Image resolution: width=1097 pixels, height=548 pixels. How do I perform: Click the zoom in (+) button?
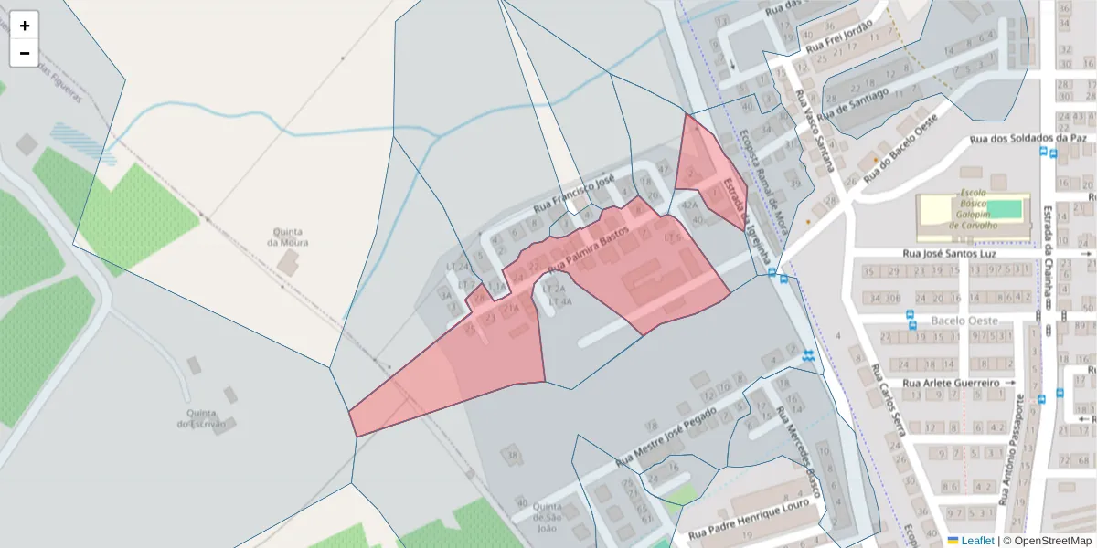pos(25,26)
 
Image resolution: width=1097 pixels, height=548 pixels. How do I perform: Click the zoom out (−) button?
pos(25,53)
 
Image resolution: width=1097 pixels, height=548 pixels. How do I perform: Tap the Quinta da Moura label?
pos(287,237)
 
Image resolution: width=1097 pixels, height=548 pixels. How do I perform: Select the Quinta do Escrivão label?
pos(196,416)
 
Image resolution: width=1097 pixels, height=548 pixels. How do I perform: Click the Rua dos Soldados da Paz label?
pos(1028,139)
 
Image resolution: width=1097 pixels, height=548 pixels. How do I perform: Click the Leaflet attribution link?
pos(977,541)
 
